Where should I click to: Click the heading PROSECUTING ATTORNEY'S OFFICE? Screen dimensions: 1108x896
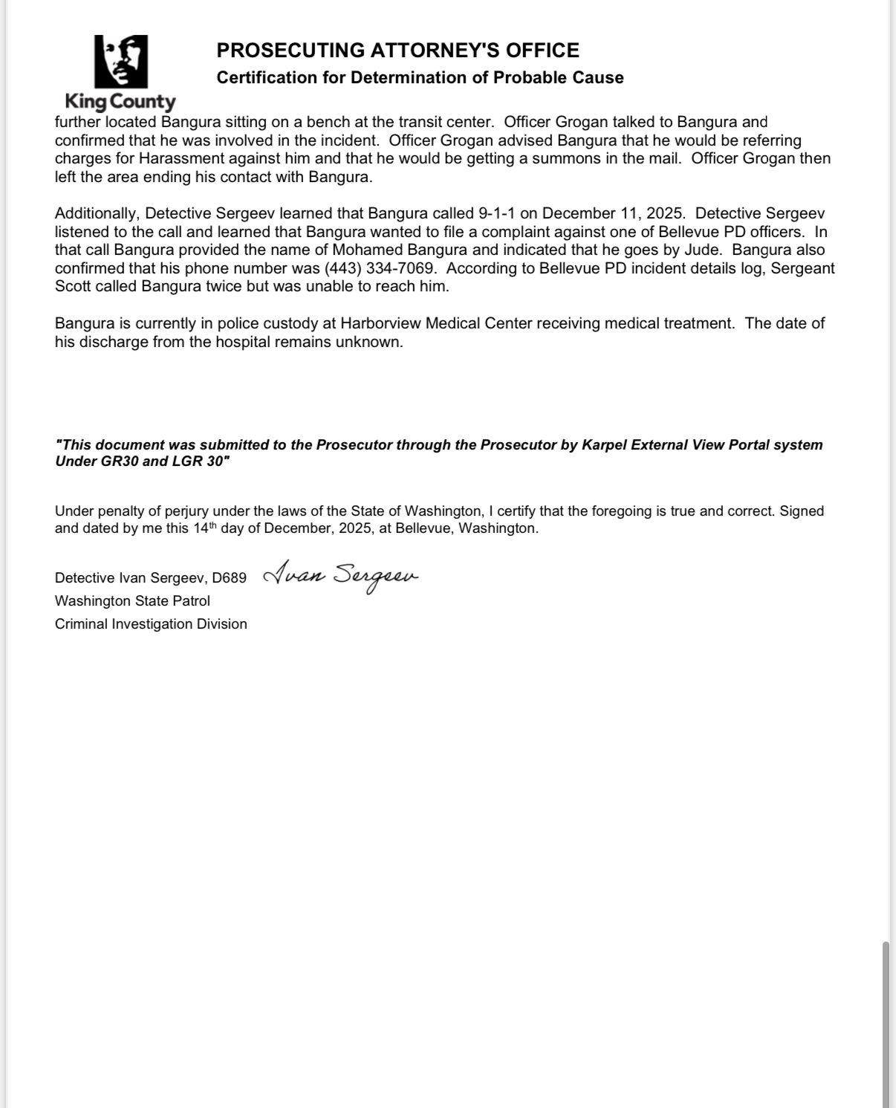click(397, 51)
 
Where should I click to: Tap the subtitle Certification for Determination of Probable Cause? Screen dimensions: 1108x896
click(420, 78)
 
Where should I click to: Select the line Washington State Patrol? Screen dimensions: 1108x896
click(132, 601)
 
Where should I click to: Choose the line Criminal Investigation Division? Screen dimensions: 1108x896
click(151, 624)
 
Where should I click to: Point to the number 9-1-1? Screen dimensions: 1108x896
click(497, 214)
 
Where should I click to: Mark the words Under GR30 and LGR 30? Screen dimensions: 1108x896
click(142, 461)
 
